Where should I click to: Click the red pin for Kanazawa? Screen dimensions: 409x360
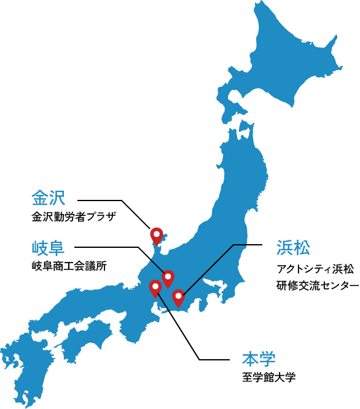point(157,235)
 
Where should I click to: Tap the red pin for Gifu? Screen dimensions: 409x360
point(168,278)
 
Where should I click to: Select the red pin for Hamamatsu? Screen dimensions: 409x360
point(178,298)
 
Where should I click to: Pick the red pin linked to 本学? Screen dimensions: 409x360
point(155,287)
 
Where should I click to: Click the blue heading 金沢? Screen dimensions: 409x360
point(48,198)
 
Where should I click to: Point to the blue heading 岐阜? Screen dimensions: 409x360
point(48,248)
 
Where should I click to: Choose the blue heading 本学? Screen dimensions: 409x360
point(259,359)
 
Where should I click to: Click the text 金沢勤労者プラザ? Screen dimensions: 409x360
point(73,217)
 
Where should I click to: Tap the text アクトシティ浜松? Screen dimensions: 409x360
point(315,268)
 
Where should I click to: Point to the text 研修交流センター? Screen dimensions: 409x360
point(317,285)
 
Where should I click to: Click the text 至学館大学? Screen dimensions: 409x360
point(268,377)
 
